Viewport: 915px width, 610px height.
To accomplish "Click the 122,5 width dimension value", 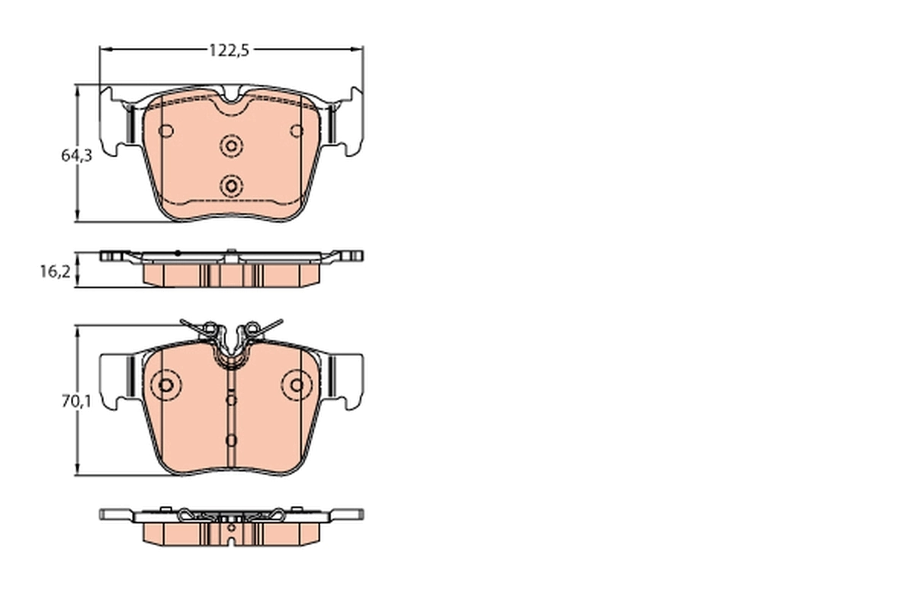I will pos(230,50).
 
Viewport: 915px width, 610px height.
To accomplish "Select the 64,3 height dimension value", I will pos(76,156).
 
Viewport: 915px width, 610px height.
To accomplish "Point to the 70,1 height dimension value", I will pos(76,401).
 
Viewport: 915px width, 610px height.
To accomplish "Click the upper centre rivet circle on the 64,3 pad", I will pos(231,145).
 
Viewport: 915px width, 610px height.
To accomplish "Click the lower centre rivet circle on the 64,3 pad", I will pos(231,185).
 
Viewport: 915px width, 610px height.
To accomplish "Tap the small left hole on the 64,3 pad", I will pos(167,130).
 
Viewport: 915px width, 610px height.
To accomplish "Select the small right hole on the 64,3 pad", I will pos(297,130).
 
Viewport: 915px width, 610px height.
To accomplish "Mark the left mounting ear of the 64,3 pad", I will pos(116,122).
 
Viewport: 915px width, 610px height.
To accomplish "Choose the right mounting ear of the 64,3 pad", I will pos(348,122).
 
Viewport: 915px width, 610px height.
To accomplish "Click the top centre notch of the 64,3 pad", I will pos(231,98).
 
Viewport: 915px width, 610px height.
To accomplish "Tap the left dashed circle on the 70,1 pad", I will pos(164,386).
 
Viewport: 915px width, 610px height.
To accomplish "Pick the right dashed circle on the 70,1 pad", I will pos(296,386).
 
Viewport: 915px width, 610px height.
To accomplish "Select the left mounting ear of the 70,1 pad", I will pos(116,379).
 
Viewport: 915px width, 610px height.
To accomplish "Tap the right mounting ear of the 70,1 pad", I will pos(348,379).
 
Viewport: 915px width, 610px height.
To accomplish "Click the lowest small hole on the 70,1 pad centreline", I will pos(232,440).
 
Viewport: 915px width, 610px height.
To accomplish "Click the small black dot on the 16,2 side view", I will pos(177,252).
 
